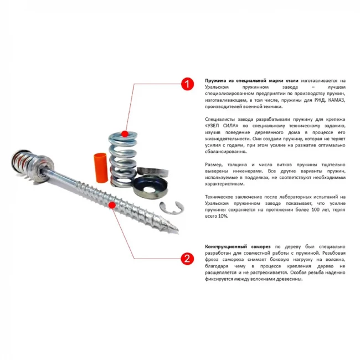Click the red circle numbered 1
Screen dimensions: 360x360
(187, 84)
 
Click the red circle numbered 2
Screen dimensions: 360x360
(187, 259)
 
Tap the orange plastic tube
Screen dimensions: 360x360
(101, 168)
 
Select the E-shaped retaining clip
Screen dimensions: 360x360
(172, 208)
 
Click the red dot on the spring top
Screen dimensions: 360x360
(125, 134)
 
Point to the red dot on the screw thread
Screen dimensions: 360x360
(112, 205)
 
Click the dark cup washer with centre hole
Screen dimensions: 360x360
(151, 188)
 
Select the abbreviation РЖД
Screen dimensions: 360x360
(320, 100)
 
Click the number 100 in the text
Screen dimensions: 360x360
(316, 209)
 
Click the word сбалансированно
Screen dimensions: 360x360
(225, 152)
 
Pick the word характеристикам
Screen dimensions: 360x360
(224, 184)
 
